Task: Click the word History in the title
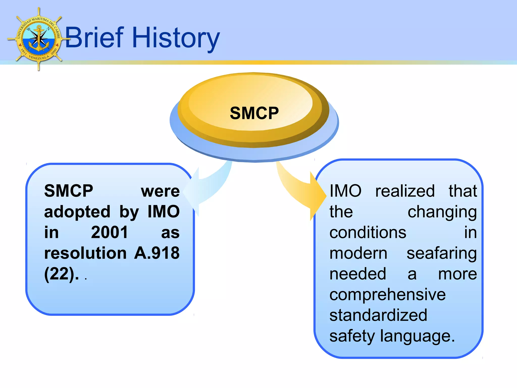click(x=176, y=38)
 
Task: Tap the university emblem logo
click(x=39, y=39)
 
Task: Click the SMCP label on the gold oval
click(x=254, y=113)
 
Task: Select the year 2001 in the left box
click(x=109, y=232)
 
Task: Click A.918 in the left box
click(x=157, y=253)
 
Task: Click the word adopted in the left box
click(x=77, y=211)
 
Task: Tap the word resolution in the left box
click(x=85, y=253)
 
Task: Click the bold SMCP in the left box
click(x=68, y=191)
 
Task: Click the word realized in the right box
click(x=405, y=191)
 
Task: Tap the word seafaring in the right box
click(x=442, y=253)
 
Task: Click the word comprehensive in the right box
click(x=387, y=295)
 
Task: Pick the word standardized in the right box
click(x=378, y=315)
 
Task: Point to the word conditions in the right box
click(x=368, y=232)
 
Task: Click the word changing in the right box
click(x=442, y=212)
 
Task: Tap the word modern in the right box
click(x=358, y=253)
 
